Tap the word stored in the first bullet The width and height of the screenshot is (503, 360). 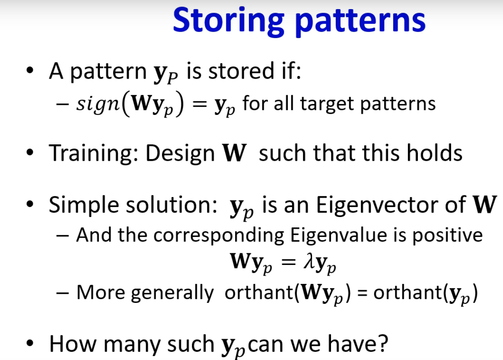click(241, 71)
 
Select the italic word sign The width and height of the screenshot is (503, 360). click(98, 105)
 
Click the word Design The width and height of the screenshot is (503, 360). click(180, 153)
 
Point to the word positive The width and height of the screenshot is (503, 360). click(447, 236)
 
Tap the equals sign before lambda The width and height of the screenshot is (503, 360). click(288, 262)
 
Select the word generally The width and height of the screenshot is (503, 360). click(172, 293)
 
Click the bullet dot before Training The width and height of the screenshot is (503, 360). click(30, 153)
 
